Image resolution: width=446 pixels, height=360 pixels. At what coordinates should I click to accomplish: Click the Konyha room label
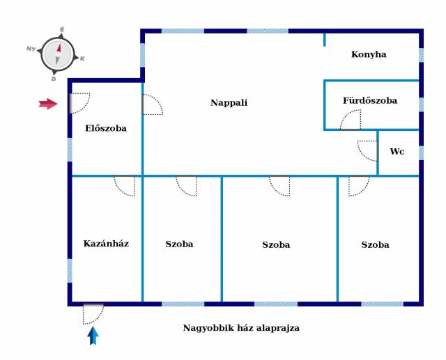pyautogui.click(x=369, y=54)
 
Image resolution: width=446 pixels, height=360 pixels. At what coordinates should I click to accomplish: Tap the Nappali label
pyautogui.click(x=229, y=102)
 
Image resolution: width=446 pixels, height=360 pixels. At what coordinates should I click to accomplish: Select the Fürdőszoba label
pyautogui.click(x=369, y=100)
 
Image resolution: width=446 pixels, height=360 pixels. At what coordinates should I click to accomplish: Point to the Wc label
pyautogui.click(x=397, y=151)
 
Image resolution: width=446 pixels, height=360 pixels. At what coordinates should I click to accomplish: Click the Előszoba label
pyautogui.click(x=105, y=128)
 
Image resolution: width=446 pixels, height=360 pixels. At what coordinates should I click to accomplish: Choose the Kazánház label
pyautogui.click(x=106, y=243)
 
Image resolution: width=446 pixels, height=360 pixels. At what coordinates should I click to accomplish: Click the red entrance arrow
pyautogui.click(x=48, y=104)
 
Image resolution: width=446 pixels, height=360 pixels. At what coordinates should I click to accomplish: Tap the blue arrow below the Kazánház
pyautogui.click(x=93, y=336)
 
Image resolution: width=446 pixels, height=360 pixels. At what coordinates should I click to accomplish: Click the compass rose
pyautogui.click(x=58, y=54)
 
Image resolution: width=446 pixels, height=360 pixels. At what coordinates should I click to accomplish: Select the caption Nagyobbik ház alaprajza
pyautogui.click(x=241, y=328)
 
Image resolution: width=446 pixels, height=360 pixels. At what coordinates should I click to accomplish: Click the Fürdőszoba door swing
pyautogui.click(x=350, y=120)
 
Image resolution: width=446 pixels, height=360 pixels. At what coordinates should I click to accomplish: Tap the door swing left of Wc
pyautogui.click(x=368, y=150)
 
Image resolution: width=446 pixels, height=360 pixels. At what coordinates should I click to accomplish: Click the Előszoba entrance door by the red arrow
pyautogui.click(x=80, y=102)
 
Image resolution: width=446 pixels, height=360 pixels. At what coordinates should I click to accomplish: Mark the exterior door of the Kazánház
pyautogui.click(x=93, y=313)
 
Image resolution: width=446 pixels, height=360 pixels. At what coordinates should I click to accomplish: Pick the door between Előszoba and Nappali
pyautogui.click(x=152, y=104)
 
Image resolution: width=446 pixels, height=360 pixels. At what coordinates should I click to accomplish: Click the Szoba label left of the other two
pyautogui.click(x=179, y=244)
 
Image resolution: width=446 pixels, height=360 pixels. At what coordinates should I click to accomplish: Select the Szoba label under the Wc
pyautogui.click(x=375, y=244)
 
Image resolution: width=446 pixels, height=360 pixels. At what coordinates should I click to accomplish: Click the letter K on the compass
pyautogui.click(x=82, y=58)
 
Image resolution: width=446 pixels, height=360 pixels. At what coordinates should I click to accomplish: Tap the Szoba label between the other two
pyautogui.click(x=276, y=244)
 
